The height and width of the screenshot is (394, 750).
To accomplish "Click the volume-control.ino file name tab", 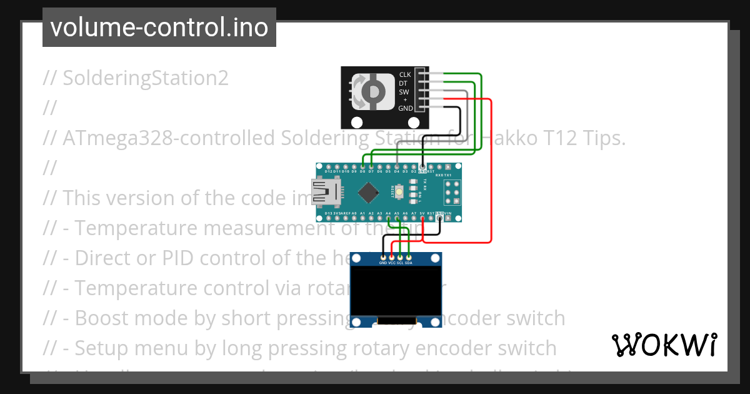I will coord(159,28).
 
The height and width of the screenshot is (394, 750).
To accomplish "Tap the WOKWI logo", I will coord(664,345).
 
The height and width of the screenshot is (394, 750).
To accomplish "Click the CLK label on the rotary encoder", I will coord(405,74).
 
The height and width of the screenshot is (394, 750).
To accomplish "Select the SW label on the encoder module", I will coord(404,91).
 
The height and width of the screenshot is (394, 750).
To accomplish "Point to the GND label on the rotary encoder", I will coord(405,108).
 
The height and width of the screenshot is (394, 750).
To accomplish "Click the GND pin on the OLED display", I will coord(383,257).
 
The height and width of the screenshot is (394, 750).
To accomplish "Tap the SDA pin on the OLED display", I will coord(409,257).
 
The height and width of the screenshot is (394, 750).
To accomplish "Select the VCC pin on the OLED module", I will coord(392,257).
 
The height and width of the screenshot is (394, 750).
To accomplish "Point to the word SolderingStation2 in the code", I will coord(146,78).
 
